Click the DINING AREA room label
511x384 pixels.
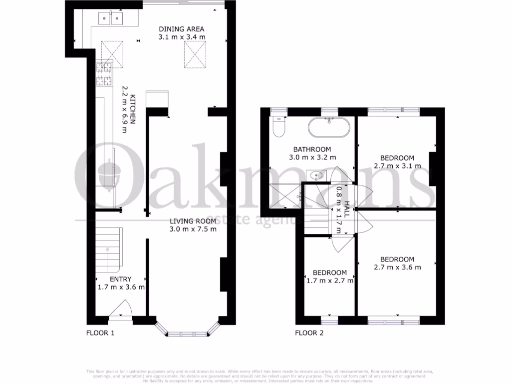click(x=182, y=29)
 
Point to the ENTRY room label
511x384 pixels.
click(x=121, y=279)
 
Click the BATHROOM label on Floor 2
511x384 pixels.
click(x=312, y=149)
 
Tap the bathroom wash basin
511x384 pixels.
click(x=316, y=175)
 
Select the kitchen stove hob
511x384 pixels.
click(x=104, y=73)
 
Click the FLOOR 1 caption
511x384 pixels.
click(x=100, y=333)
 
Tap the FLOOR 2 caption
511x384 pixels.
click(x=309, y=333)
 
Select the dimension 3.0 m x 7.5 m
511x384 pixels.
click(x=193, y=229)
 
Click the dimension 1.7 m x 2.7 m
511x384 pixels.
click(x=329, y=280)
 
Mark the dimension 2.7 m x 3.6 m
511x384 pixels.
click(x=397, y=267)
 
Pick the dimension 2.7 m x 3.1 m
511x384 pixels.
click(x=397, y=166)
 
